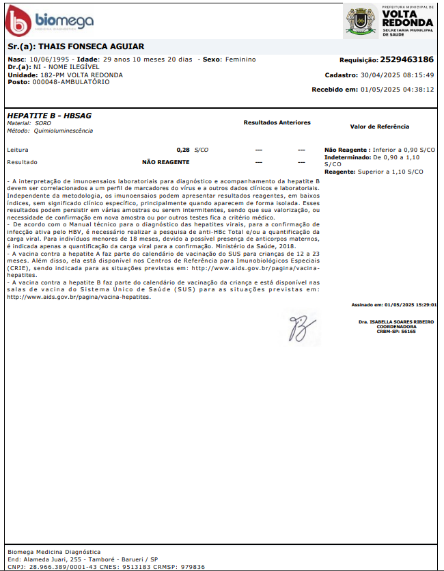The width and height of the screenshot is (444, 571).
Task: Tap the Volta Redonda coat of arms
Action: coord(360,21)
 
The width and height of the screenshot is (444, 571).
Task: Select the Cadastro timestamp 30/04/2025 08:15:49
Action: coord(398,75)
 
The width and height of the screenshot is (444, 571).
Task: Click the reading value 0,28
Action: coord(182,149)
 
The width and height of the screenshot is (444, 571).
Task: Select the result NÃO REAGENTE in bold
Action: coord(165,162)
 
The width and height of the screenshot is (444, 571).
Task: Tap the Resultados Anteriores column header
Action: coord(277,122)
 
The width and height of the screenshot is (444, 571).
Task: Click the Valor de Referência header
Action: coord(379,127)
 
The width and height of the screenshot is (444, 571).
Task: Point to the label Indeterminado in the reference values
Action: coord(347,157)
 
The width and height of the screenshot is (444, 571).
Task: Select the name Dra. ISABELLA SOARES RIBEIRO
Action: coord(396,321)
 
